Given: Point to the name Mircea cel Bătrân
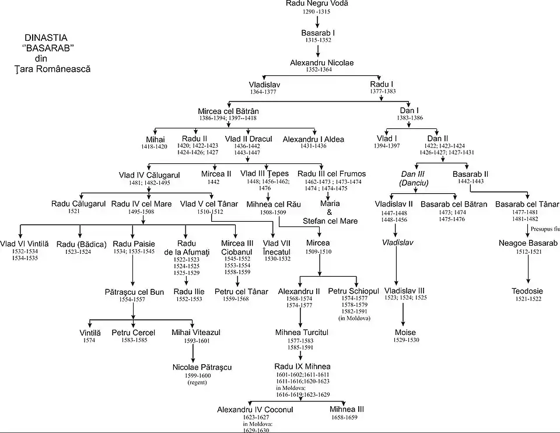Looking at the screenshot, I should point(228,111).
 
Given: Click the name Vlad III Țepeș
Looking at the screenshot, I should point(264,174).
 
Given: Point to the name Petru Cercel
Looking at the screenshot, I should point(134,333).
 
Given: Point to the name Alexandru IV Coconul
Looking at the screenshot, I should point(255,410).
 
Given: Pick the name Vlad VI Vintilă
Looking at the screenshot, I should point(24,244).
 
